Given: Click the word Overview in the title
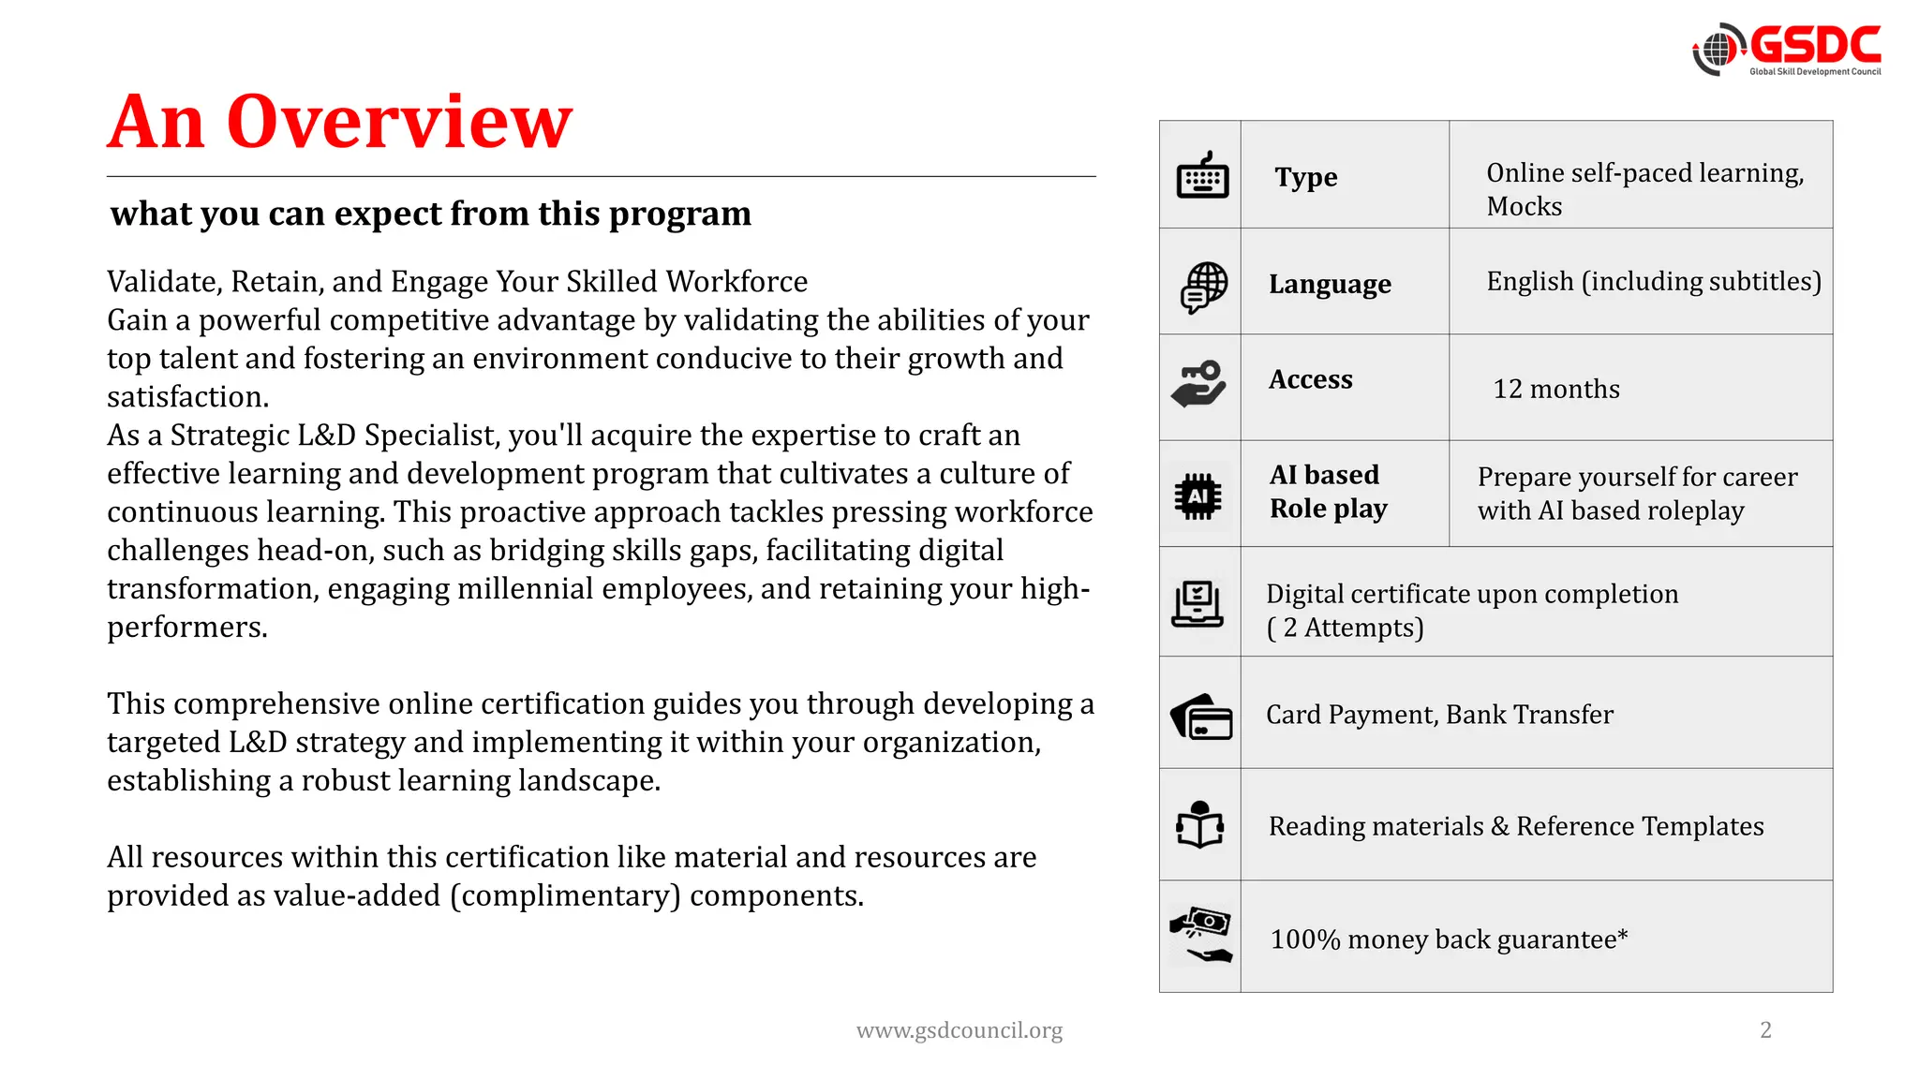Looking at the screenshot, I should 399,123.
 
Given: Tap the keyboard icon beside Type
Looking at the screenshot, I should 1201,175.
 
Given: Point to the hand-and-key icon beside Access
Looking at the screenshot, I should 1199,384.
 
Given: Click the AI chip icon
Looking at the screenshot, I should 1198,495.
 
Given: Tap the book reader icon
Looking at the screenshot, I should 1200,825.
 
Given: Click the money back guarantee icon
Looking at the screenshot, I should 1201,935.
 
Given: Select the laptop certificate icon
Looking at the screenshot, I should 1198,604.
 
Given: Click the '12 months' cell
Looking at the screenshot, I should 1555,389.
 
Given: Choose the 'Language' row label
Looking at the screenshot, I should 1330,284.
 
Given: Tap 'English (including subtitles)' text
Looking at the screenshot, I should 1653,281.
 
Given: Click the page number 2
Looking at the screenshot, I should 1765,1029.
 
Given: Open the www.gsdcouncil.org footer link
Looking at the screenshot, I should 959,1030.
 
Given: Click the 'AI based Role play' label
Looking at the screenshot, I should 1328,492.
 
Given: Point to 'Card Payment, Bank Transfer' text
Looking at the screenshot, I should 1439,715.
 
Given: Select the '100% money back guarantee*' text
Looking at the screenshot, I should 1449,939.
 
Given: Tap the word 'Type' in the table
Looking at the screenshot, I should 1305,177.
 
